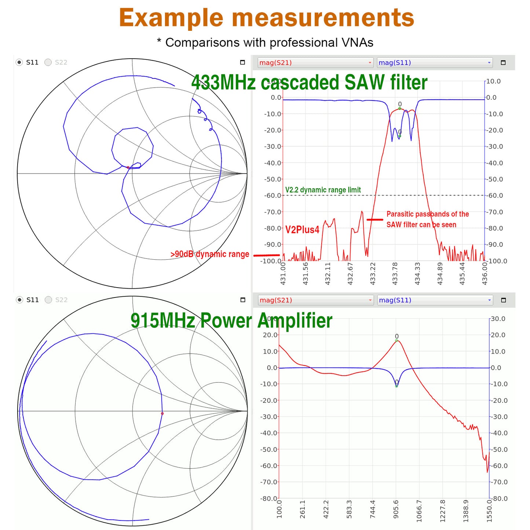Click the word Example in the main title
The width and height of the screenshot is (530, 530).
171,18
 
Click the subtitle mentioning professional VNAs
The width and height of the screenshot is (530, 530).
265,43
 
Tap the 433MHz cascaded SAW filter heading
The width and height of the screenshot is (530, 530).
309,82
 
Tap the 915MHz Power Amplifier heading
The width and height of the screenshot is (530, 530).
231,320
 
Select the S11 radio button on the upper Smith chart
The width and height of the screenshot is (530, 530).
19,62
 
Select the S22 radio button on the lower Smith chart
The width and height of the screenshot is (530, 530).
48,300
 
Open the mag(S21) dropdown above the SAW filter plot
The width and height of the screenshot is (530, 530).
315,63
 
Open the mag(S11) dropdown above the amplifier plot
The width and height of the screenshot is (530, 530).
435,300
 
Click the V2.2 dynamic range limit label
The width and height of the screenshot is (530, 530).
323,190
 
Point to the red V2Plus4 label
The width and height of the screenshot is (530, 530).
302,230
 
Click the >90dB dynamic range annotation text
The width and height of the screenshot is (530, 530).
209,254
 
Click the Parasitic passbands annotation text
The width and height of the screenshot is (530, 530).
427,219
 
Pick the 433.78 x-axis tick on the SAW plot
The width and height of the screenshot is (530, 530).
395,273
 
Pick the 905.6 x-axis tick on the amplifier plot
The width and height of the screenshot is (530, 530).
396,509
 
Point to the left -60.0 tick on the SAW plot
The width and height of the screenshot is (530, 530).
272,195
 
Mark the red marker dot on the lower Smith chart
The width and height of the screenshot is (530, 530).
162,413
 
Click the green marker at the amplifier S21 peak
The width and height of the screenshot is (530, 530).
396,341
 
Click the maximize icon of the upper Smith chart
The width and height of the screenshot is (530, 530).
242,62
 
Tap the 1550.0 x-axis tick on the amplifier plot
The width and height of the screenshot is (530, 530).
489,510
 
